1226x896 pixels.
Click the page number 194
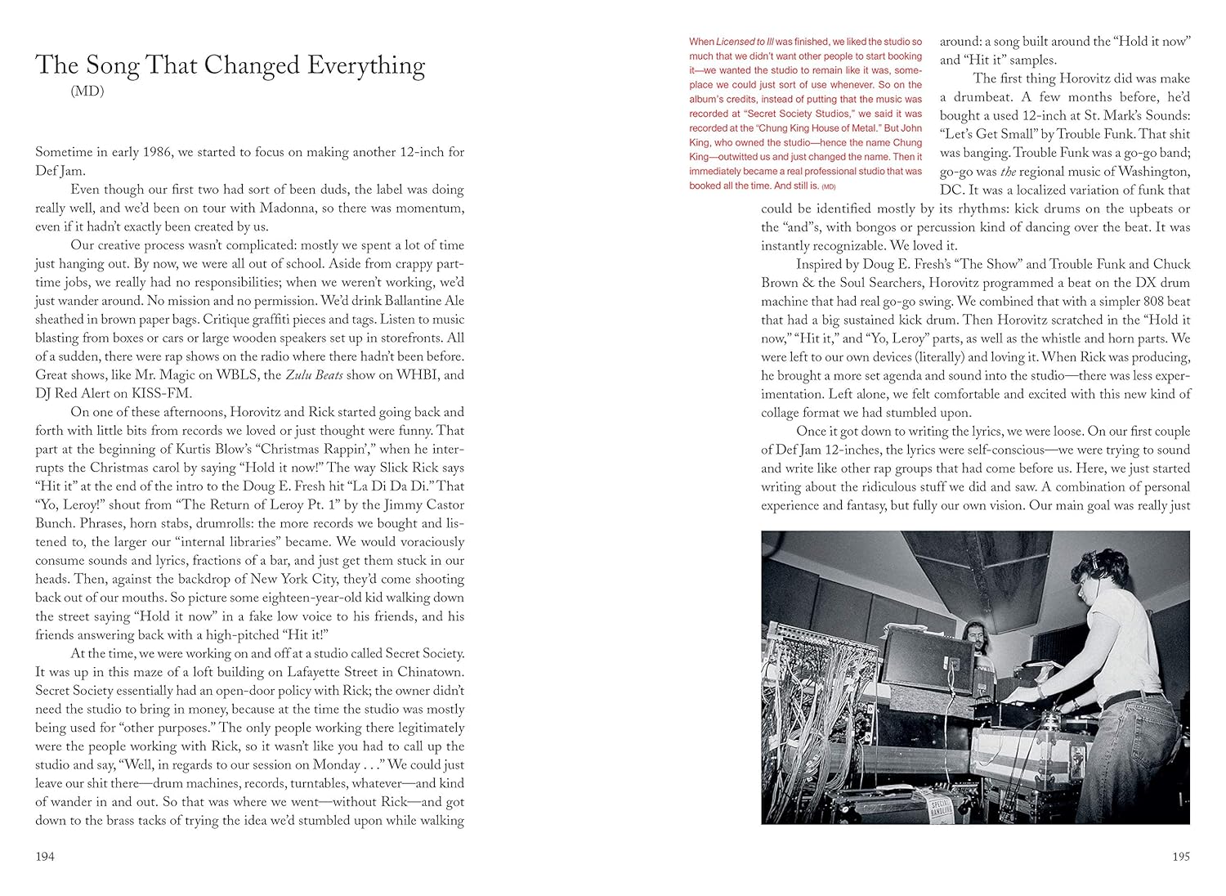[x=44, y=857]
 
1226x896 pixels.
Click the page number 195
[x=1180, y=857]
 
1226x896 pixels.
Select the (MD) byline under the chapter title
[x=87, y=92]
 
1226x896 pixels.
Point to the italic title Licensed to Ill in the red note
[x=744, y=42]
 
